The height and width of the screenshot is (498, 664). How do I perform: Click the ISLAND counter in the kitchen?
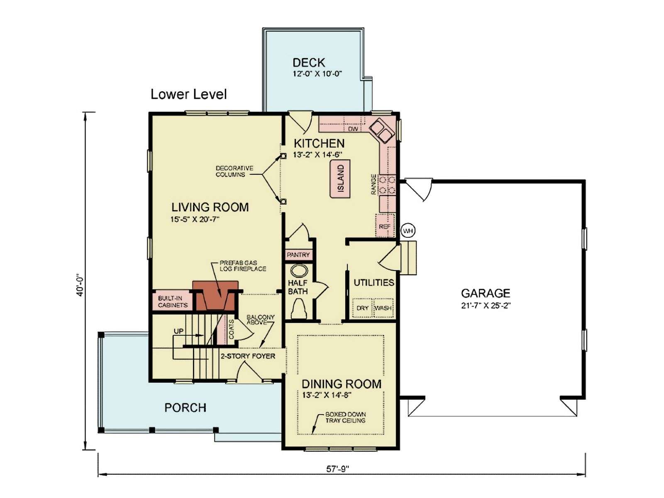[x=341, y=179]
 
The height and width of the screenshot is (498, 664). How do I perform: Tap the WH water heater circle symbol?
[x=408, y=231]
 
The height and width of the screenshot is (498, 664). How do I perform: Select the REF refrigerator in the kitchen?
[x=385, y=226]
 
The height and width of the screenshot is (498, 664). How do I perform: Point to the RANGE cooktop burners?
[x=388, y=185]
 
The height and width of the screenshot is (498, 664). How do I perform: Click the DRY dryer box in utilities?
[x=362, y=308]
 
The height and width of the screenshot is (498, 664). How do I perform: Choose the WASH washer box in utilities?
[x=383, y=308]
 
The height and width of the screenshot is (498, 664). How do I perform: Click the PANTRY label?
[x=298, y=254]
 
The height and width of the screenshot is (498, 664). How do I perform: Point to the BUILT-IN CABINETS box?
[x=172, y=302]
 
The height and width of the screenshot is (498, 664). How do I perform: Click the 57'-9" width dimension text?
[x=337, y=469]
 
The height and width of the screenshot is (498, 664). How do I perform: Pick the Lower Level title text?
[x=189, y=94]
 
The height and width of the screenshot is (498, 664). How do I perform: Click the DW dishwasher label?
[x=353, y=129]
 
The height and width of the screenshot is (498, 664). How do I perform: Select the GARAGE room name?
[x=486, y=293]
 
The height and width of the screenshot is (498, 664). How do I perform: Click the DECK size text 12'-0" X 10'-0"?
[x=317, y=74]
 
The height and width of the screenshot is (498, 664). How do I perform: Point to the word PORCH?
[x=185, y=408]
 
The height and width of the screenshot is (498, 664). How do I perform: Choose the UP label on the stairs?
[x=178, y=332]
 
